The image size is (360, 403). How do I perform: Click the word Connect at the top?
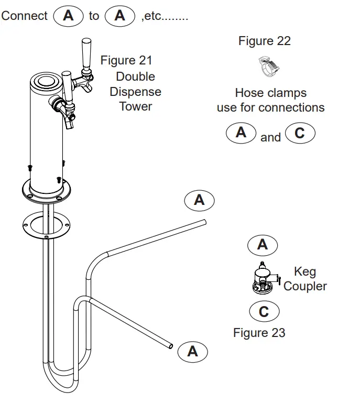click(24, 16)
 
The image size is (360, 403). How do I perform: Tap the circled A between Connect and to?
click(68, 16)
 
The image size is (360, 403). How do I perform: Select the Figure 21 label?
click(126, 60)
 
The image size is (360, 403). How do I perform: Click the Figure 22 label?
click(264, 41)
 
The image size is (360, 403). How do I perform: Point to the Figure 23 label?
click(259, 332)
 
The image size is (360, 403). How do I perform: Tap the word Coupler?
click(305, 286)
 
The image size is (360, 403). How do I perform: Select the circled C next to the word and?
click(299, 133)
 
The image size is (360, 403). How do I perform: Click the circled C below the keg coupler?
click(264, 312)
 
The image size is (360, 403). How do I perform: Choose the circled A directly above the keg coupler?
click(262, 244)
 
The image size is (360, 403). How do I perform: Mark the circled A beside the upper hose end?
click(199, 200)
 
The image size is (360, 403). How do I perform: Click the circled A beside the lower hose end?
click(193, 351)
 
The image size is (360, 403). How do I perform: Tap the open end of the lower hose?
click(170, 345)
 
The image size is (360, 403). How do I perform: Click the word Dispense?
click(135, 92)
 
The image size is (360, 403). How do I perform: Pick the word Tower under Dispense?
click(135, 106)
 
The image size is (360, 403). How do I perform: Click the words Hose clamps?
click(270, 93)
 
